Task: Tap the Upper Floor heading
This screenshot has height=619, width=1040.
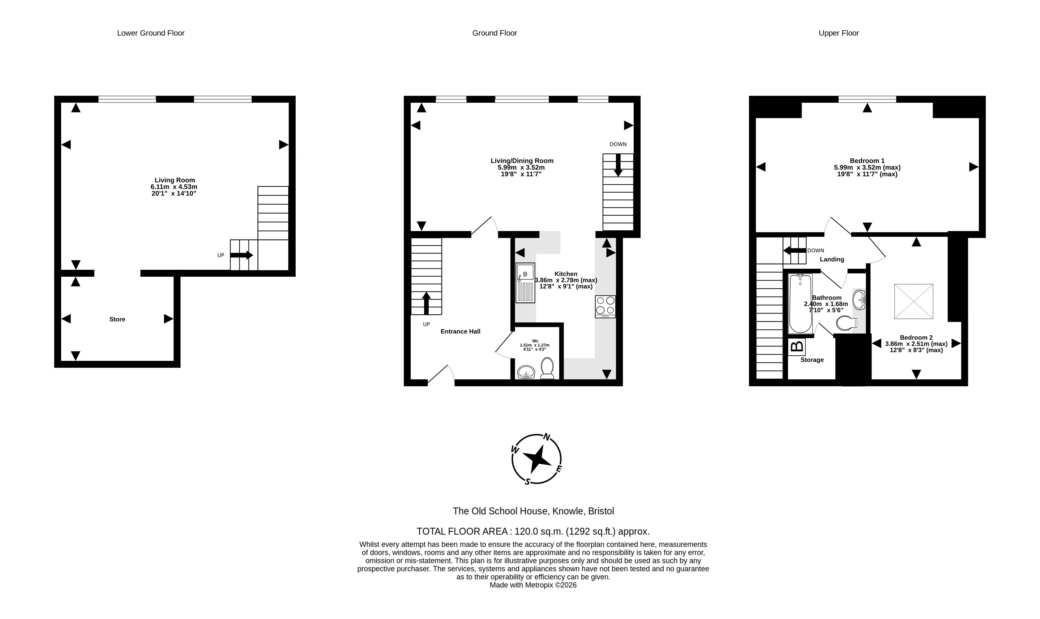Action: point(838,33)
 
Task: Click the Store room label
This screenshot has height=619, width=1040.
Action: point(117,319)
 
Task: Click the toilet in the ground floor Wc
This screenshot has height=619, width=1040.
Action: point(547,368)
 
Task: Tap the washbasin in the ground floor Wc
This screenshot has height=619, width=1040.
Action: point(526,372)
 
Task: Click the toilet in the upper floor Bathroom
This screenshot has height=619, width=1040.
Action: point(847,323)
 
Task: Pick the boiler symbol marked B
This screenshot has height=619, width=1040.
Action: point(797,346)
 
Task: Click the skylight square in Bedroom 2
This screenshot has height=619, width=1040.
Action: point(914,302)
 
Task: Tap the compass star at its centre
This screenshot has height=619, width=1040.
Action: point(536,458)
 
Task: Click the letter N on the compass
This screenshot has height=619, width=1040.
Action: point(546,437)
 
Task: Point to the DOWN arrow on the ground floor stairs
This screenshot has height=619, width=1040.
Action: point(618,165)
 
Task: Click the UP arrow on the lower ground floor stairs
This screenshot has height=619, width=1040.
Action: point(242,255)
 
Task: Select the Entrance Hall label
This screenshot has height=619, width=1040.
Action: point(461,332)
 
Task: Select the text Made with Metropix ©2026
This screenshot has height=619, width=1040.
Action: point(533,585)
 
